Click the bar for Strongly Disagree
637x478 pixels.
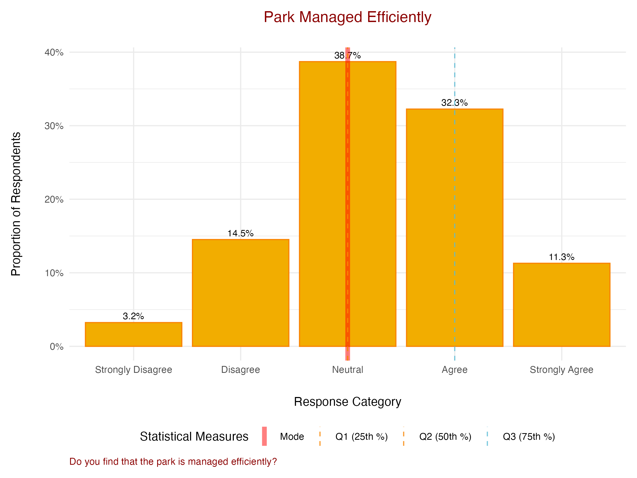pos(133,334)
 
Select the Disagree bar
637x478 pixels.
pos(240,292)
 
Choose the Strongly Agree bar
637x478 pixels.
pos(562,305)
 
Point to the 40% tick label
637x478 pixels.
pos(54,52)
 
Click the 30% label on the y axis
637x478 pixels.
pos(54,126)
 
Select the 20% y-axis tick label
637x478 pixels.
pos(54,199)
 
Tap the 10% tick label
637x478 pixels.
pos(54,273)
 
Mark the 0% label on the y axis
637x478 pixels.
pos(57,346)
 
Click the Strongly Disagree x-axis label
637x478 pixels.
pos(133,370)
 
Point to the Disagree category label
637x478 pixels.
pos(240,370)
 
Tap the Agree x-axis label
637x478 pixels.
pos(454,370)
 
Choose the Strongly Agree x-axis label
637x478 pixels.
pos(562,370)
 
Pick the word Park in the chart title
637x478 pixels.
pos(279,17)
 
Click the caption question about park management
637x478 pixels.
pos(173,461)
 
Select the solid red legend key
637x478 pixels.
pos(264,436)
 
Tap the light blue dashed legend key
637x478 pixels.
pos(487,436)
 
